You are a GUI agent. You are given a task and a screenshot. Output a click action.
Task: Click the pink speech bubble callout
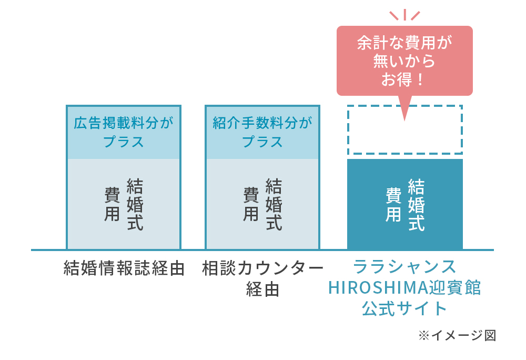[404, 61]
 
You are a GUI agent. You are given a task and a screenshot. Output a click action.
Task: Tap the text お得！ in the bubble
[402, 79]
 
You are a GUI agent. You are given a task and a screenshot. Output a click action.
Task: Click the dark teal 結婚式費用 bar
[405, 204]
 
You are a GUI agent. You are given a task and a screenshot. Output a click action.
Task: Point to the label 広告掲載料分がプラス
[124, 132]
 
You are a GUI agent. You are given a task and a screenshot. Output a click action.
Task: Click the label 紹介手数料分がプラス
[262, 132]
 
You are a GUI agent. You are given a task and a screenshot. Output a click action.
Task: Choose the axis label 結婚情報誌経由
[124, 268]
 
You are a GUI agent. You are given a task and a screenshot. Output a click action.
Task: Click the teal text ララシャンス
[404, 267]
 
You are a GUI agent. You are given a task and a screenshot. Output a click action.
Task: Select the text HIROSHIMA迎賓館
[404, 287]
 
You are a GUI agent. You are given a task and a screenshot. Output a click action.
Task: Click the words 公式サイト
[404, 308]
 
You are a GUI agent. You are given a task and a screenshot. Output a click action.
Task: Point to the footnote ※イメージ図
[457, 335]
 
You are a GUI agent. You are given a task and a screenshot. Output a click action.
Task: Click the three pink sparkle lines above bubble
[404, 15]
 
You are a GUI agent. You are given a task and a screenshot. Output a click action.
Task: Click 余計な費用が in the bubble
[404, 43]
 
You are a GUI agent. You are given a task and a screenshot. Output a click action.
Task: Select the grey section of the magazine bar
[124, 204]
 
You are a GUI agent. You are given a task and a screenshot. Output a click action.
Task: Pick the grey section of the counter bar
[262, 204]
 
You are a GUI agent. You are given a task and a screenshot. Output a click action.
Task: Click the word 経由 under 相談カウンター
[262, 289]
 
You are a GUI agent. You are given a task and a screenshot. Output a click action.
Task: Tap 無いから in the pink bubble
[404, 61]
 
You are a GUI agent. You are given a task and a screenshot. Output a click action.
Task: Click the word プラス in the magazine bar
[124, 142]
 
